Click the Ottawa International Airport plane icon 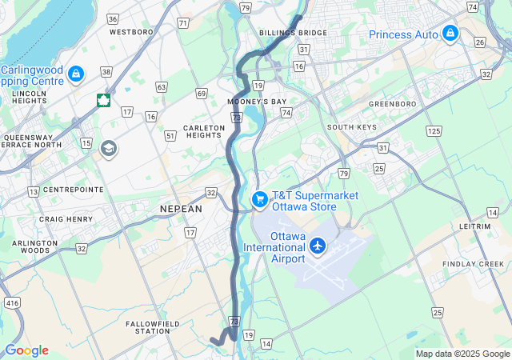pyautogui.click(x=318, y=246)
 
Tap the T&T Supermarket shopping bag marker pyautogui.click(x=259, y=199)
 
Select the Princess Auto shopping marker pyautogui.click(x=450, y=34)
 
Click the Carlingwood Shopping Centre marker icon pyautogui.click(x=76, y=74)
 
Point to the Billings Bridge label pyautogui.click(x=294, y=33)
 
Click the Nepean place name pyautogui.click(x=182, y=208)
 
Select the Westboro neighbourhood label pyautogui.click(x=131, y=33)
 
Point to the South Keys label pyautogui.click(x=352, y=127)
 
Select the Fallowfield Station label pyautogui.click(x=153, y=326)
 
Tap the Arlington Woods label pyautogui.click(x=35, y=246)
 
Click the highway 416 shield pyautogui.click(x=11, y=303)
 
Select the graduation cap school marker pyautogui.click(x=108, y=149)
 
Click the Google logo pyautogui.click(x=26, y=350)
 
